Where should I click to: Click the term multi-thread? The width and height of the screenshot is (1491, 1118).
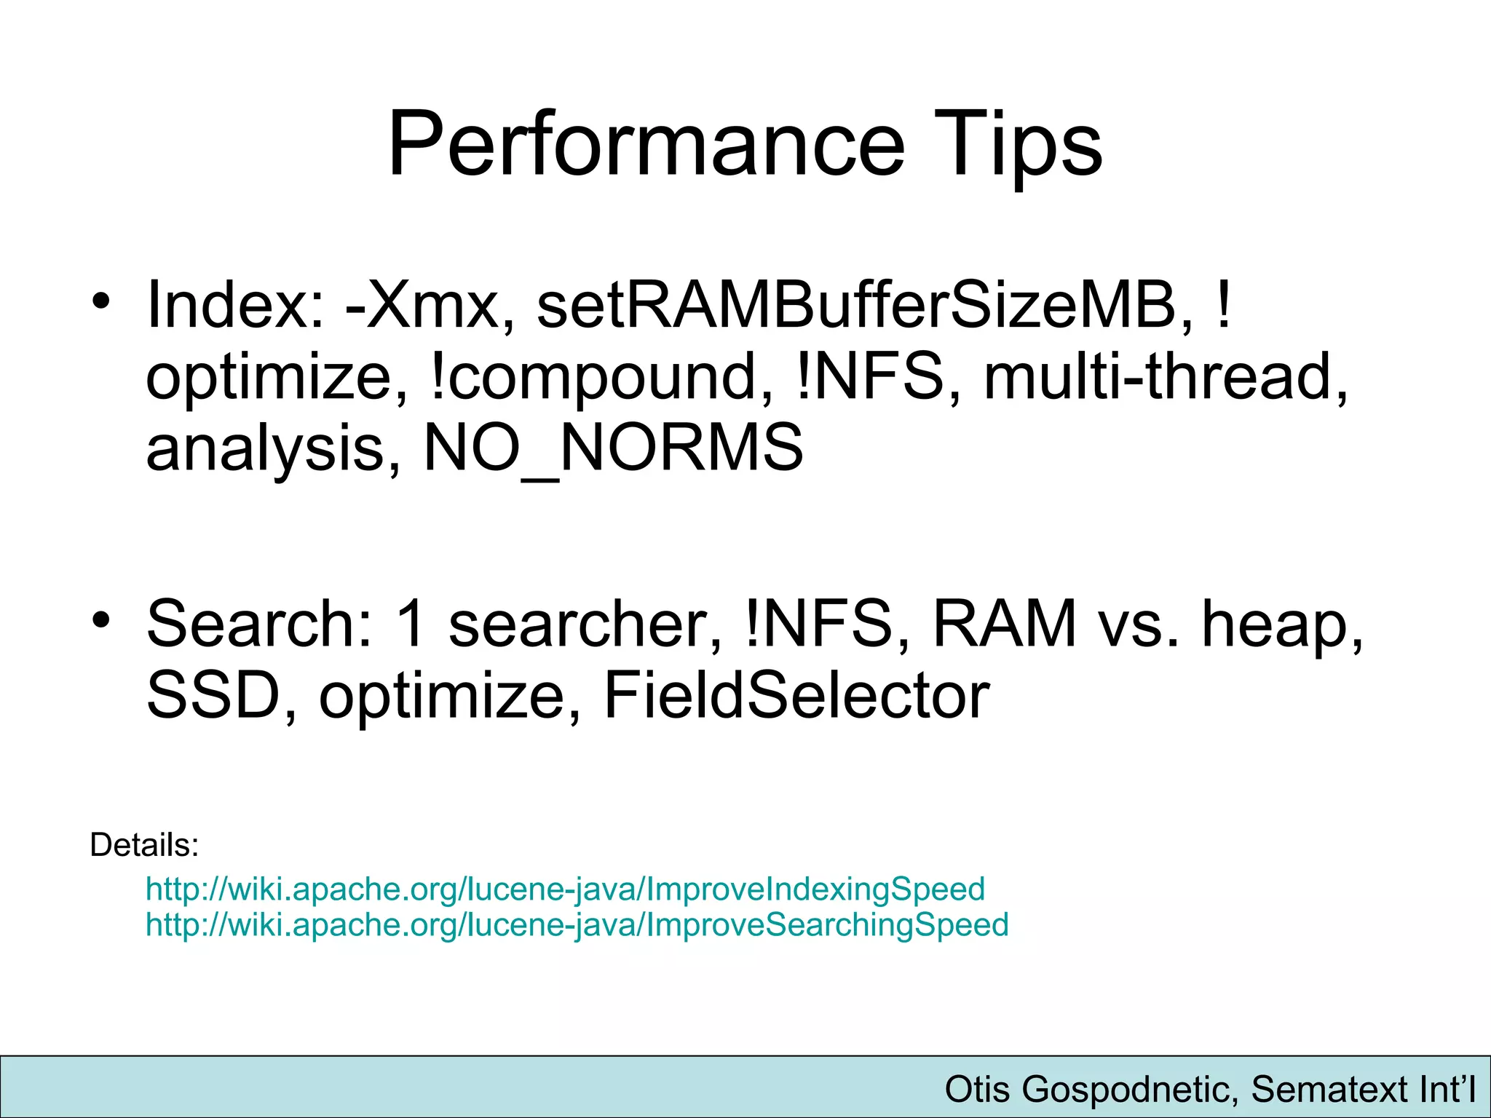pos(1165,377)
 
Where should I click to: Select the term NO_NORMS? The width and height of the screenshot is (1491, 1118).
pos(613,448)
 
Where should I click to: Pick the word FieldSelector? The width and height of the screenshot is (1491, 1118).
pos(796,696)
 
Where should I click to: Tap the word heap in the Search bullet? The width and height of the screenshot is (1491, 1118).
pos(1281,625)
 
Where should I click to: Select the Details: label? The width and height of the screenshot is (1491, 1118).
pos(144,845)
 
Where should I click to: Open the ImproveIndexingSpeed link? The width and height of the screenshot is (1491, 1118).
pos(565,889)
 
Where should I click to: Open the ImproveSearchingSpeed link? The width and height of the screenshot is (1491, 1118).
pos(577,924)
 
